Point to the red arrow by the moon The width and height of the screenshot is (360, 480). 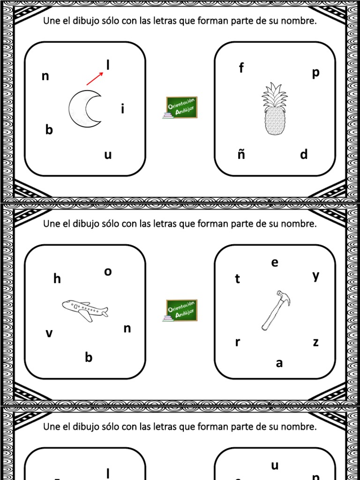pos(95,78)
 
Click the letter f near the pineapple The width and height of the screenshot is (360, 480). pos(241,68)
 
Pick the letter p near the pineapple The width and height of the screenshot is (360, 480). pos(315,73)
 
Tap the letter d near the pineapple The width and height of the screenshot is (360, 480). pos(304,154)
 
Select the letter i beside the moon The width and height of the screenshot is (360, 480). pos(122,109)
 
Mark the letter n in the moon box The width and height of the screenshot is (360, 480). pos(45,76)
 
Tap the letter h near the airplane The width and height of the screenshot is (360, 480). pos(57,279)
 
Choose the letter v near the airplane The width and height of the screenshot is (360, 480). pos(49,334)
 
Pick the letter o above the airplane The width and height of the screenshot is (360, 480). pos(108,271)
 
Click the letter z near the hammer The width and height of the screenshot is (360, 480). pos(315,343)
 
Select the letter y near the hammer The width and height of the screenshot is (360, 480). pos(316,276)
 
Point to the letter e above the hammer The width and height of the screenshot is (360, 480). pos(275,263)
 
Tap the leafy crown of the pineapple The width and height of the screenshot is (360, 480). pos(275,95)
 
